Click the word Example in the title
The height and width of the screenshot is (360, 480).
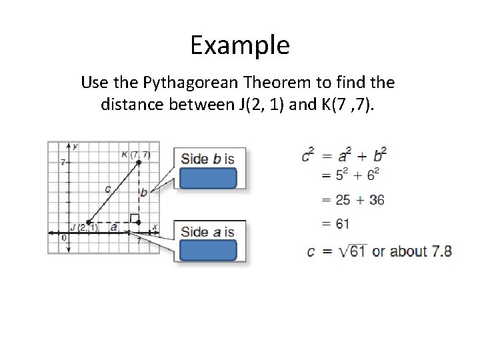point(239,45)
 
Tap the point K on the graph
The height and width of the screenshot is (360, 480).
point(139,162)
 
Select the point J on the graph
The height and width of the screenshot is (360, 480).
point(88,222)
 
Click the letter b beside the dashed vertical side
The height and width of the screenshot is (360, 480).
point(143,193)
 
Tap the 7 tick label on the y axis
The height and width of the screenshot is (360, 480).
point(61,162)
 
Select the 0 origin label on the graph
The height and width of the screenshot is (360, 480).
point(63,237)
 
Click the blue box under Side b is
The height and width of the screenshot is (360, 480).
point(207,179)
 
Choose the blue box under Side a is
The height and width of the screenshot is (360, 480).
point(207,250)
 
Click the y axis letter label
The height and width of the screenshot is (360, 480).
point(75,146)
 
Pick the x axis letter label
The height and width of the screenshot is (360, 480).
point(154,227)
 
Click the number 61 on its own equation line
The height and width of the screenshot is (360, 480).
point(343,224)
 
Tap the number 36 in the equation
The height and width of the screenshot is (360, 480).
point(376,199)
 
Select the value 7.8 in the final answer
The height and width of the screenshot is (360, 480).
point(440,251)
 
